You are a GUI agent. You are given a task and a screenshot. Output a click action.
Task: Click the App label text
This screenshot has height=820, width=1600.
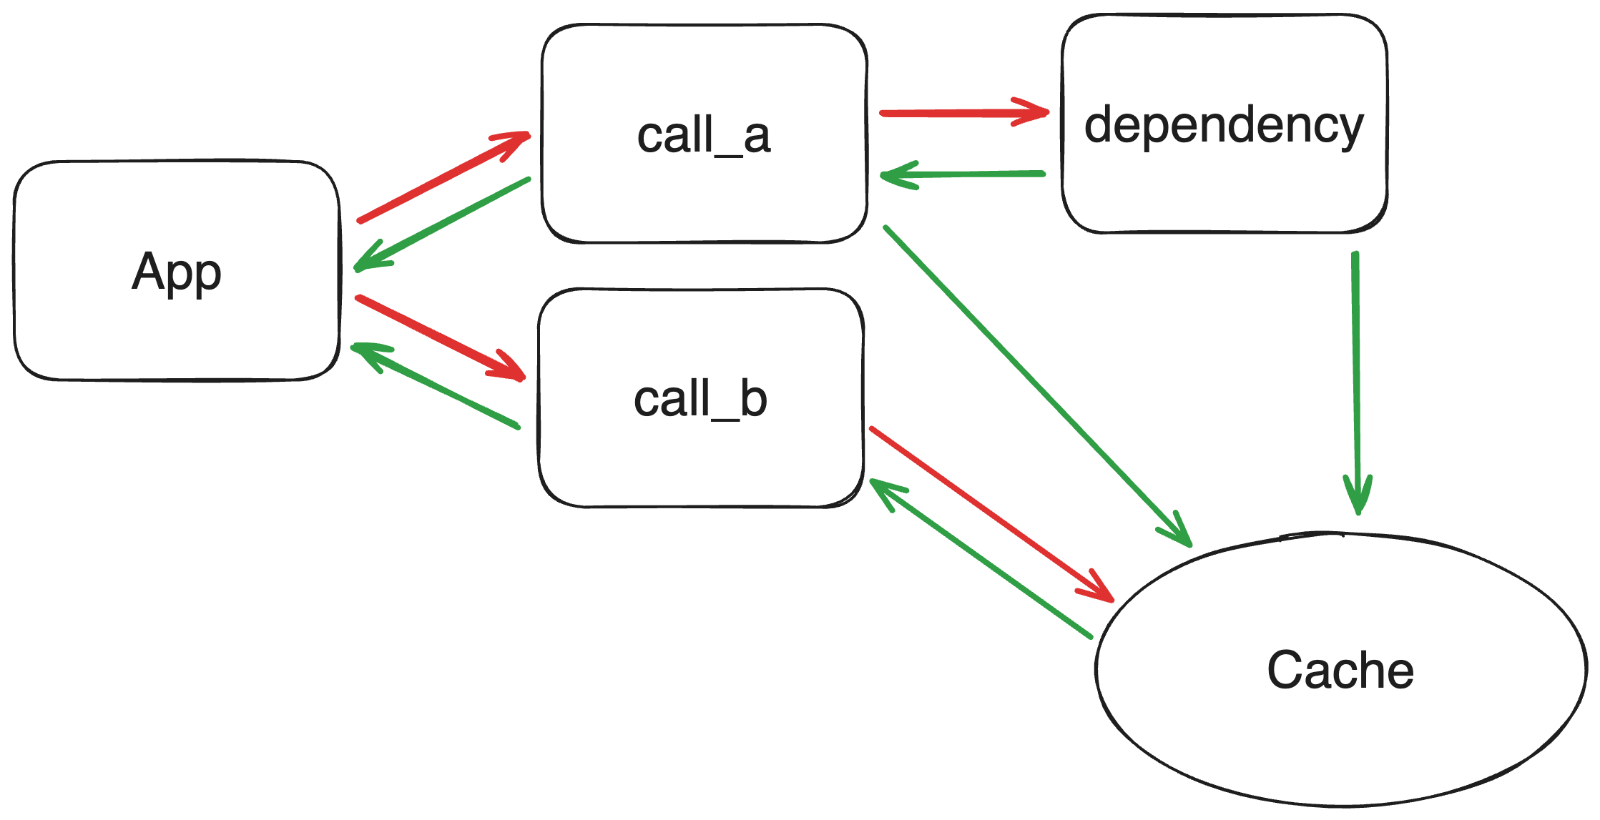177,272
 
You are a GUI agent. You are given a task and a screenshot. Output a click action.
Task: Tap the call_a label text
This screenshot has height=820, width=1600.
703,135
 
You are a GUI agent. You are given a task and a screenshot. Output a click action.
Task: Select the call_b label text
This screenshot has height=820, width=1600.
700,399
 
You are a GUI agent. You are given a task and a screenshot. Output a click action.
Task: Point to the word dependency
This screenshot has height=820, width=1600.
1224,125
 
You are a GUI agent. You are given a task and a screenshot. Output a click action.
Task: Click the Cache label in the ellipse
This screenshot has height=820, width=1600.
1340,671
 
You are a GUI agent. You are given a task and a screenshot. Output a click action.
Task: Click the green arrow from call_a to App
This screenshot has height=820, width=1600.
443,224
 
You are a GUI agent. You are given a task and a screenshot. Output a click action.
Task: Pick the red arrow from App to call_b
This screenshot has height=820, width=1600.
440,337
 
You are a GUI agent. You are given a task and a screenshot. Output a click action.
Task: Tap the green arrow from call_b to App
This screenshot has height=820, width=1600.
436,387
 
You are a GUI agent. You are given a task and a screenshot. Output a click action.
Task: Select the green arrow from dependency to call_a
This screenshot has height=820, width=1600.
962,174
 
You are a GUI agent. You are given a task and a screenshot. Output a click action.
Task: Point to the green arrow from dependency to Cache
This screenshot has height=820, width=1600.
1356,379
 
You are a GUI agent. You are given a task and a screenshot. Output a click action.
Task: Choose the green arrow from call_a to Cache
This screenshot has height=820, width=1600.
1037,386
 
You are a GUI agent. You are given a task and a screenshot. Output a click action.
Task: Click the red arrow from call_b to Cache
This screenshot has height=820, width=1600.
991,514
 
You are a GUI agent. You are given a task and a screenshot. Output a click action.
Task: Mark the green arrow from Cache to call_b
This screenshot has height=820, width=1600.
980,558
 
